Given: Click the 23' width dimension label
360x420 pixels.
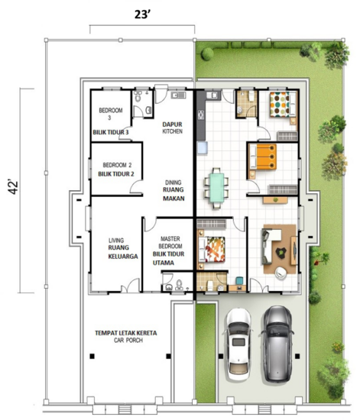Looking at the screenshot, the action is tap(141, 15).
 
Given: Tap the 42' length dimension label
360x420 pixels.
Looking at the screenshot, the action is tap(13, 187).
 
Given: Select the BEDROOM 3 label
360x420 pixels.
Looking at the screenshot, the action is tap(111, 114).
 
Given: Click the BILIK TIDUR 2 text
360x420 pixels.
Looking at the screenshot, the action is tap(116, 174).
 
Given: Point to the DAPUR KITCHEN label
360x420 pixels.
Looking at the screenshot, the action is tap(173, 128).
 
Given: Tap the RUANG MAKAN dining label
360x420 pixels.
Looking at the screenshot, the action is tap(174, 194).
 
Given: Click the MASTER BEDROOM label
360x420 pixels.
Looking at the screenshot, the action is tap(170, 242).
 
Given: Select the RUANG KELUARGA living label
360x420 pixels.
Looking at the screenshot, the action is tap(123, 252).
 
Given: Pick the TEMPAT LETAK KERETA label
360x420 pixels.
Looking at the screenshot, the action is tap(126, 333).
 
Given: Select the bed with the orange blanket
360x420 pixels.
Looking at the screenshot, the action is tap(263, 157).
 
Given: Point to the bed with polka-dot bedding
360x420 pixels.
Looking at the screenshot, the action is tap(283, 105).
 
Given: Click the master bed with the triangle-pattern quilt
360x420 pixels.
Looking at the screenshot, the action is tap(211, 249).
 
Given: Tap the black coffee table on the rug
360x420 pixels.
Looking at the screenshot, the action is tap(281, 252).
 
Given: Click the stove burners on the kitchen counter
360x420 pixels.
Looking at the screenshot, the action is tap(201, 115).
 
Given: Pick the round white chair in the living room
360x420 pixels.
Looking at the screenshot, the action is tap(281, 273).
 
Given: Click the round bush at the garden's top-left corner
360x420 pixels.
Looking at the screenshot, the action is tap(207, 54).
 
